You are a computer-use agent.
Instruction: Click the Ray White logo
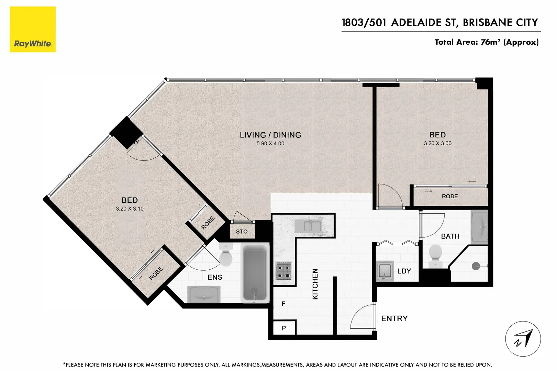[x=33, y=30]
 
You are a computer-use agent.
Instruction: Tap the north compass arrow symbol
[x=523, y=339]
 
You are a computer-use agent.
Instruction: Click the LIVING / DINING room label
[x=270, y=135]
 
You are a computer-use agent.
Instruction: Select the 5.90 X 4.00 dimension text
[x=270, y=144]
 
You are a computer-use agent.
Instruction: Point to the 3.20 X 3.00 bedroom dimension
[x=437, y=143]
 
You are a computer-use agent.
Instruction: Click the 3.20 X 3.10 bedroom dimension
[x=130, y=209]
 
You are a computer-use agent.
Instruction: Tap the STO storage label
[x=242, y=232]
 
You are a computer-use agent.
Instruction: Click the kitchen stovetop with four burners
[x=284, y=271]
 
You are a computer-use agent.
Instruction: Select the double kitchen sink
[x=312, y=226]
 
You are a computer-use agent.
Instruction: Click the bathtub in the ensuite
[x=255, y=273]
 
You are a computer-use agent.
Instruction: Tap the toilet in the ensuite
[x=225, y=256]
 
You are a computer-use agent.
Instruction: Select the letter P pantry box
[x=284, y=328]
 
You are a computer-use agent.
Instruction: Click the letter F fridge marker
[x=283, y=304]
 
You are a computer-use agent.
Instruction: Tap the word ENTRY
[x=394, y=318]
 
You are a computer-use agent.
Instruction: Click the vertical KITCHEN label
[x=315, y=284]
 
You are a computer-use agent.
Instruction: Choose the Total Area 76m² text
[x=486, y=42]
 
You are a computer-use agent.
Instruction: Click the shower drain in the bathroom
[x=476, y=266]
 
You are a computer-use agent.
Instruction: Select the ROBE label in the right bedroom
[x=449, y=196]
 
